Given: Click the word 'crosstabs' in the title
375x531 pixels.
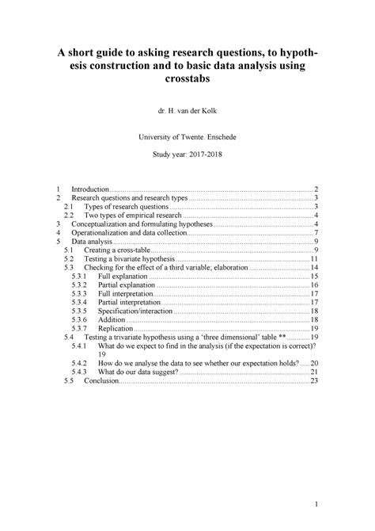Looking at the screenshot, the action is (187, 81).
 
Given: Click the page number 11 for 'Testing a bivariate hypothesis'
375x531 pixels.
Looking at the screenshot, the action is (314, 258).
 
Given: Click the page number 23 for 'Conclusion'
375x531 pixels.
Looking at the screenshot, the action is (314, 380).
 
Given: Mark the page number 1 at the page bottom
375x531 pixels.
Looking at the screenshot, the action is (315, 504).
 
